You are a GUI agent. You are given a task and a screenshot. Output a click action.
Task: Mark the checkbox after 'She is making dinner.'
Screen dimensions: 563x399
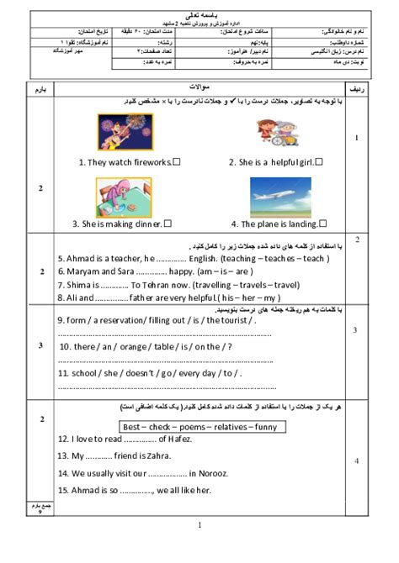(168, 224)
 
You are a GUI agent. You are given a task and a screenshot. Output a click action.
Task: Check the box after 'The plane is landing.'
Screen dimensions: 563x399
(322, 224)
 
